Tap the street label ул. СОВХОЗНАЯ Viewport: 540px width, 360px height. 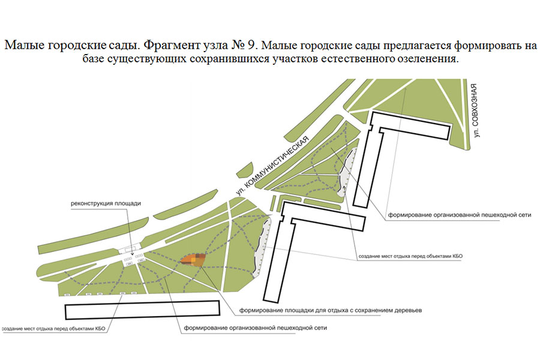pyautogui.click(x=476, y=110)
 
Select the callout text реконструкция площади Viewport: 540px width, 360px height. pyautogui.click(x=106, y=203)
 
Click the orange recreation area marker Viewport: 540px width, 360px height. pyautogui.click(x=194, y=260)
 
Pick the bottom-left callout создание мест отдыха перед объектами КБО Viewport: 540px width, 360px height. pyautogui.click(x=53, y=329)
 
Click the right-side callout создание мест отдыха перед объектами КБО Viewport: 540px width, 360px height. pyautogui.click(x=410, y=256)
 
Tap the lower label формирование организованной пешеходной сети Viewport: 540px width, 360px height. pyautogui.click(x=255, y=328)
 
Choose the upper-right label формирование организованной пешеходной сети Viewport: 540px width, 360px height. pyautogui.click(x=460, y=215)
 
